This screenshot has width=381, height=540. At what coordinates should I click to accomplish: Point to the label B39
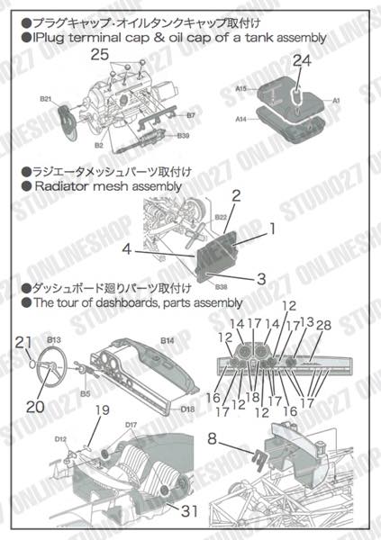[x=183, y=136]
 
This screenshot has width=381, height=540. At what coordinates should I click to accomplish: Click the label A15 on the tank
[x=240, y=89]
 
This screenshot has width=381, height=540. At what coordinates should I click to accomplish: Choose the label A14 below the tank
[x=240, y=119]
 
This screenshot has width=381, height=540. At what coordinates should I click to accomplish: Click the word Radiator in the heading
[x=63, y=186]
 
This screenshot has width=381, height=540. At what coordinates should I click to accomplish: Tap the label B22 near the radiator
[x=221, y=217]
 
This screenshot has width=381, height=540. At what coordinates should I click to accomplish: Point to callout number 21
[x=24, y=340]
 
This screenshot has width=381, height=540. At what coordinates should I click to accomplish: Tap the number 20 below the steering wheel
[x=35, y=405]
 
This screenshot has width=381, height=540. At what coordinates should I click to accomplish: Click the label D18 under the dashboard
[x=187, y=409]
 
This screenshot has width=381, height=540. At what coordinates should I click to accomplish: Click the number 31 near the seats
[x=186, y=512]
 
